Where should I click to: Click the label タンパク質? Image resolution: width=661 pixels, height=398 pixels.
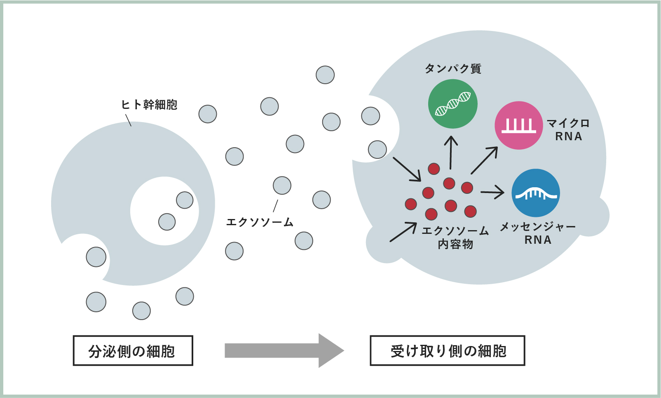453,68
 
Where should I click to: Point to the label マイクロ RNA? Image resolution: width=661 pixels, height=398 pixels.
568,130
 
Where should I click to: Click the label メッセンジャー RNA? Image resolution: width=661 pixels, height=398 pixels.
537,233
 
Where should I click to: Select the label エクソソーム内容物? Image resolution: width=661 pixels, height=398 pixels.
455,237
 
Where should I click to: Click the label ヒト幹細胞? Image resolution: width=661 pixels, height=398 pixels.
149,105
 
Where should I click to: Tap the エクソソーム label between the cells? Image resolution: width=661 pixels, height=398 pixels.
260,222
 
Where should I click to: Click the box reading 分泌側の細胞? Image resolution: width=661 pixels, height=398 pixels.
133,351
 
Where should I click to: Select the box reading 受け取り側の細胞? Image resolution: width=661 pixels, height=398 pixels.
447,351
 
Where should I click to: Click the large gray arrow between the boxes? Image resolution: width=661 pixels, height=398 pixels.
284,351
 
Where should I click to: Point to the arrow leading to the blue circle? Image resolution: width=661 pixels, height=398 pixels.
492,192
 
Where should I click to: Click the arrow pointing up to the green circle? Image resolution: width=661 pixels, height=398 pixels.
451,153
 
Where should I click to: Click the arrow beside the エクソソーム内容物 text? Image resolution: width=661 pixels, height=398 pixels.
403,232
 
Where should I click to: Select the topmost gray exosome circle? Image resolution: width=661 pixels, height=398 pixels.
325,75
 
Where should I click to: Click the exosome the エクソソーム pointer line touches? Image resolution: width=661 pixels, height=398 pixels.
282,186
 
